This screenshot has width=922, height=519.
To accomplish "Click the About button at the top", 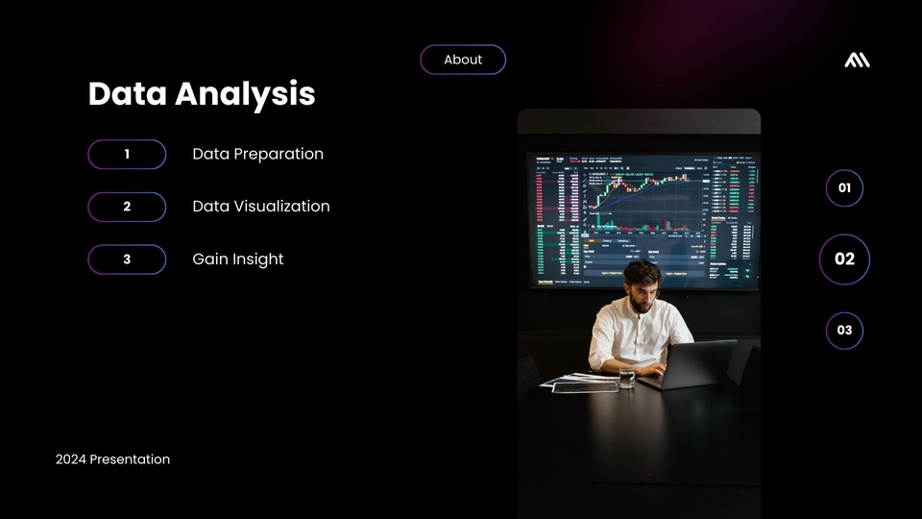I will [x=463, y=60].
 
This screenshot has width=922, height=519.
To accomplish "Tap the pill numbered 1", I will [x=127, y=154].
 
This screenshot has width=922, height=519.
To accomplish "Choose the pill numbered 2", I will [x=127, y=207].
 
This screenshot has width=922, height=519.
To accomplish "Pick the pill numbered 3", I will [x=127, y=259].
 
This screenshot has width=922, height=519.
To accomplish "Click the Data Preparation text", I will [x=257, y=154].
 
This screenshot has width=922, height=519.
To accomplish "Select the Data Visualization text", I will [x=260, y=207].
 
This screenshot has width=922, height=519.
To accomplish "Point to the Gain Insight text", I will [x=237, y=259].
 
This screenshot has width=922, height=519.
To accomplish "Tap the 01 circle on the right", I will [x=844, y=188].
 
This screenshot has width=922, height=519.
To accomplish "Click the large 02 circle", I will [x=844, y=259].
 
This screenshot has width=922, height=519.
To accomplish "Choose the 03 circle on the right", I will [x=844, y=331].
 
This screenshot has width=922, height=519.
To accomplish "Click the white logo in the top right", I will [x=857, y=61].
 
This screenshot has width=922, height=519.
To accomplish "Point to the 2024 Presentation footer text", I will [x=112, y=459].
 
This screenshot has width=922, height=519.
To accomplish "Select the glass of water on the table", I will [x=626, y=378].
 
